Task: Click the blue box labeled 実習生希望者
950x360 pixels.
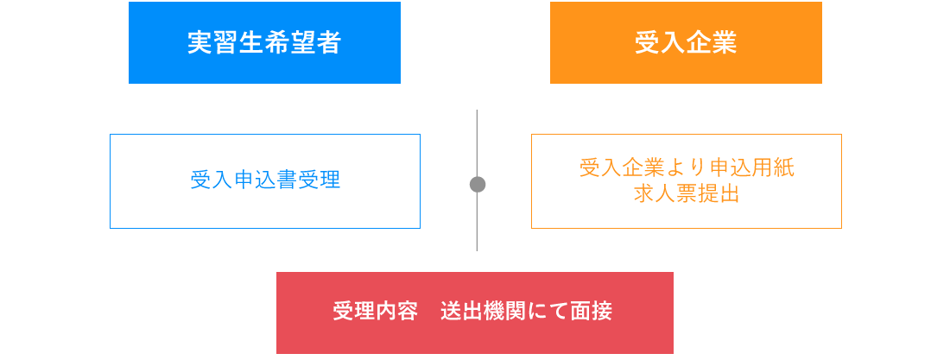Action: [264, 42]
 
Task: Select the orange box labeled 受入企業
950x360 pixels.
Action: [686, 42]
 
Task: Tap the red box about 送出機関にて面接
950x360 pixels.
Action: [474, 313]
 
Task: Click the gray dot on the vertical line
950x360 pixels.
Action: [478, 184]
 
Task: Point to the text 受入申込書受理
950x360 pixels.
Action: [265, 180]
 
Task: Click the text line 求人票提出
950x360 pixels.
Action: [687, 193]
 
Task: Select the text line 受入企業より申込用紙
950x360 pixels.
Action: [687, 167]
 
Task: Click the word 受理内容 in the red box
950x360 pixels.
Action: [375, 311]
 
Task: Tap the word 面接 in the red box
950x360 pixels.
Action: [592, 311]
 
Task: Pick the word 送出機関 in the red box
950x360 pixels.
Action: [483, 311]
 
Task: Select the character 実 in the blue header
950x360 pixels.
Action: [200, 42]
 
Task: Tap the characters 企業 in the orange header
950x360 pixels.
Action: [712, 42]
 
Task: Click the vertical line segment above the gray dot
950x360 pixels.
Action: [477, 143]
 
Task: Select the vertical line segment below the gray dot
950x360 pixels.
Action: [477, 222]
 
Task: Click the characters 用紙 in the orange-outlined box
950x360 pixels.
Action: [772, 167]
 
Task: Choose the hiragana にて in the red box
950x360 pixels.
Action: [548, 311]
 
